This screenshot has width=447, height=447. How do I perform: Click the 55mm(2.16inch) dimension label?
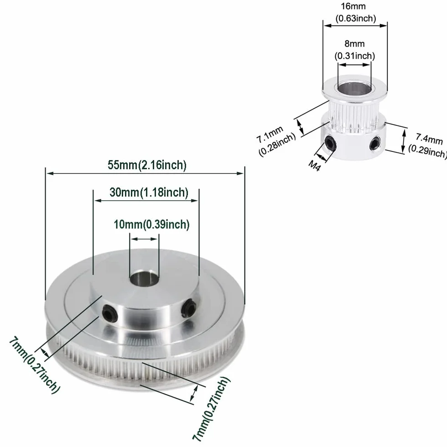147,165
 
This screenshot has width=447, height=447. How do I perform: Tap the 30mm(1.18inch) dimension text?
149,192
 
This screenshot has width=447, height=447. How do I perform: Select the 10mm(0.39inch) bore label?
151,224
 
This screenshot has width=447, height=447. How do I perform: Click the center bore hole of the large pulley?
144,278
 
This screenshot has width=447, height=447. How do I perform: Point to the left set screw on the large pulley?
110,313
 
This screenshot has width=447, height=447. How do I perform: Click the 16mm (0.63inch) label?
355,12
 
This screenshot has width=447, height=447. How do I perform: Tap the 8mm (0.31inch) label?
355,50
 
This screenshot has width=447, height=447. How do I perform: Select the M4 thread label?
314,165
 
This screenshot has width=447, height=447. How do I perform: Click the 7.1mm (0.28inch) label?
275,140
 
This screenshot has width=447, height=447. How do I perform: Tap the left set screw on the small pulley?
330,142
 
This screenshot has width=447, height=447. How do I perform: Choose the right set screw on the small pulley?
375,143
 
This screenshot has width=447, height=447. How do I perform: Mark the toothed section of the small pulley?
354,116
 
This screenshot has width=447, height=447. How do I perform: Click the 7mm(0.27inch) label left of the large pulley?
34,365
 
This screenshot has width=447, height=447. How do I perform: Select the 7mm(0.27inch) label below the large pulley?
211,409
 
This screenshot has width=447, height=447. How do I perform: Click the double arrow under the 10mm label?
145,239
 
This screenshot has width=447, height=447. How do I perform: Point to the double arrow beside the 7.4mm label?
403,141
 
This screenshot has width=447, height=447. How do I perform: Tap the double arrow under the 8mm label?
354,65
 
